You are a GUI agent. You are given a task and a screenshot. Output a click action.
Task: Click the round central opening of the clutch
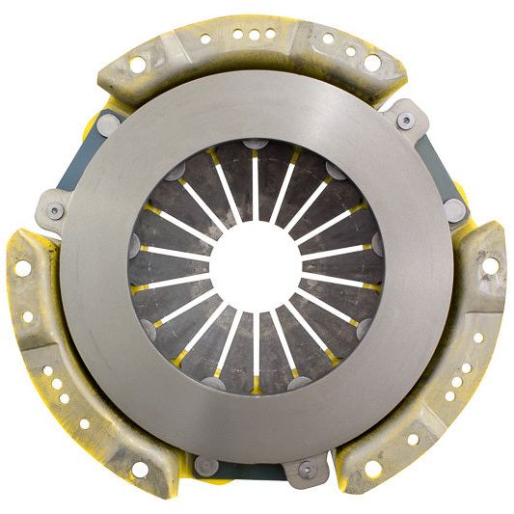tap(256, 261)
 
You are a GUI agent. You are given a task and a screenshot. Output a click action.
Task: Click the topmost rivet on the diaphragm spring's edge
tap(257, 144)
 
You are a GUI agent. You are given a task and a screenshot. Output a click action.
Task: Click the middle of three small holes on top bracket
tap(254, 34)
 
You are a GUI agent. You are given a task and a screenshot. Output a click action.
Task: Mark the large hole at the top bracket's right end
tap(372, 63)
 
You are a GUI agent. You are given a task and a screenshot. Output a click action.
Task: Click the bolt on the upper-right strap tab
tap(406, 120)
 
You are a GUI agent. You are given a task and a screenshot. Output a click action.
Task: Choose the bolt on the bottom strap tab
tap(307, 470)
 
